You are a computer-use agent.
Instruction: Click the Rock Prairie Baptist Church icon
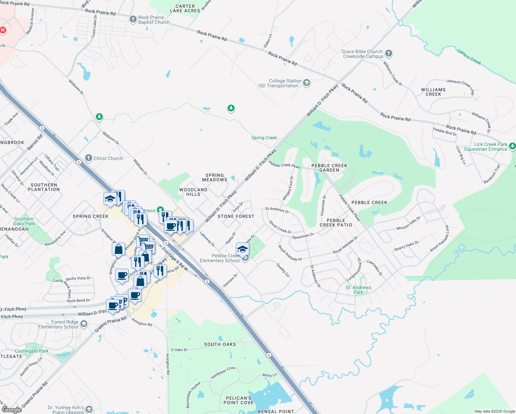point(133,19)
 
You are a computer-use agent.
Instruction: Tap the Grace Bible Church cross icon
point(389,53)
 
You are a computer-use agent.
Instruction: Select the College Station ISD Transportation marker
point(306,83)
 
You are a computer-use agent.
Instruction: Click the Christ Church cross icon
point(89,158)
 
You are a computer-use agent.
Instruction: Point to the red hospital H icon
point(3,30)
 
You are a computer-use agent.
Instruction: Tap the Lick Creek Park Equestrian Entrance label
point(486,147)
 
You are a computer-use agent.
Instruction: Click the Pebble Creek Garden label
point(329,168)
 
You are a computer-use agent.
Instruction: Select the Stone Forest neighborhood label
point(236,216)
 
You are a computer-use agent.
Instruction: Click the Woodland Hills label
point(193,192)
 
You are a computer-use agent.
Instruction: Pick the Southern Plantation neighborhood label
point(44,187)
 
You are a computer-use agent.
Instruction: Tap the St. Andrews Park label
point(358,290)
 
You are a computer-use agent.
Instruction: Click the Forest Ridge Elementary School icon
point(83,324)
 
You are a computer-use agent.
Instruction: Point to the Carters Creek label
point(469,57)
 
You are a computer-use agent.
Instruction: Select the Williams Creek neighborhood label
point(433,92)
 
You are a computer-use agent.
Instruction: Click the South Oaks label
point(220,344)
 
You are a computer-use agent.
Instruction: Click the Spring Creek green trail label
point(264,138)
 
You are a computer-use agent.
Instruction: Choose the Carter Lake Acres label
point(185,9)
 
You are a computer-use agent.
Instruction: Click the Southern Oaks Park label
point(24,221)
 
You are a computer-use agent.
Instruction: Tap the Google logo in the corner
point(11,410)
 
